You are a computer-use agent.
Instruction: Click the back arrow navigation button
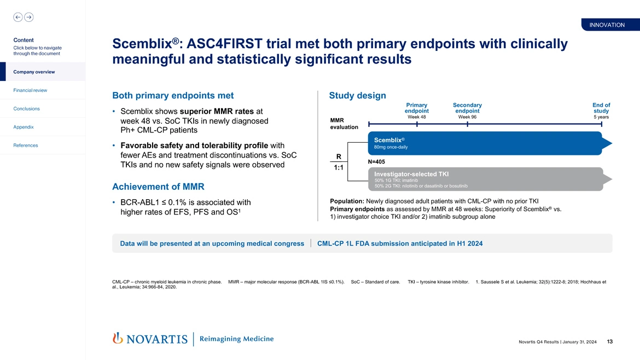point(18,17)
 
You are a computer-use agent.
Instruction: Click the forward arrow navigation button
point(29,17)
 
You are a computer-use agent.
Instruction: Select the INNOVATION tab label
point(607,25)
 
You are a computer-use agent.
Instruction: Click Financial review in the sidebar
point(30,90)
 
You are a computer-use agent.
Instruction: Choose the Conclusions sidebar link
point(27,108)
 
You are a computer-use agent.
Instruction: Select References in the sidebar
point(26,145)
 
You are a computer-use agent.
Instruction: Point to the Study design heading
point(357,96)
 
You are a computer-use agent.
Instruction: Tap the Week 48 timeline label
point(417,117)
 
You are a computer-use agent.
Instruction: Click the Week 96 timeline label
point(467,117)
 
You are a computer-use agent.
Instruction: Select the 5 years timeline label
point(601,117)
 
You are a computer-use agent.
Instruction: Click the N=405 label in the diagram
point(376,161)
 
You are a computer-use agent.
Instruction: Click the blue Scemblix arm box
point(484,143)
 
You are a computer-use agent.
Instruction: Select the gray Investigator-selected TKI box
point(484,179)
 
